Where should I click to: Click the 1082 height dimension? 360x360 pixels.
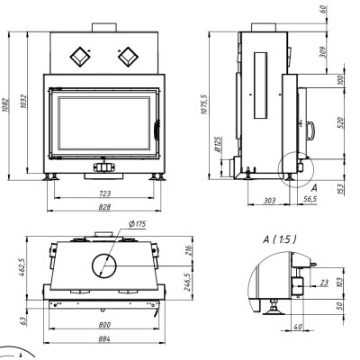coord(5,105)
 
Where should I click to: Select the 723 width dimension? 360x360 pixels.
coord(104,193)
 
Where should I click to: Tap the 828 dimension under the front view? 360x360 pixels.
coord(104,207)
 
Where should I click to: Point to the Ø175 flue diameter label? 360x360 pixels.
coord(137,224)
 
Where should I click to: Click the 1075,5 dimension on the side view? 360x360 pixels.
coord(204,103)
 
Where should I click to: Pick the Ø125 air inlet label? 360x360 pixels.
coord(219,144)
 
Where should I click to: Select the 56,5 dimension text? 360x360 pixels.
coord(310,199)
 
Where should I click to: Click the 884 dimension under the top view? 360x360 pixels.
coord(104,339)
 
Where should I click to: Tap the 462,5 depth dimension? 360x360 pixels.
coord(22,267)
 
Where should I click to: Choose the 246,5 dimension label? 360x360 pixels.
coord(188,282)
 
